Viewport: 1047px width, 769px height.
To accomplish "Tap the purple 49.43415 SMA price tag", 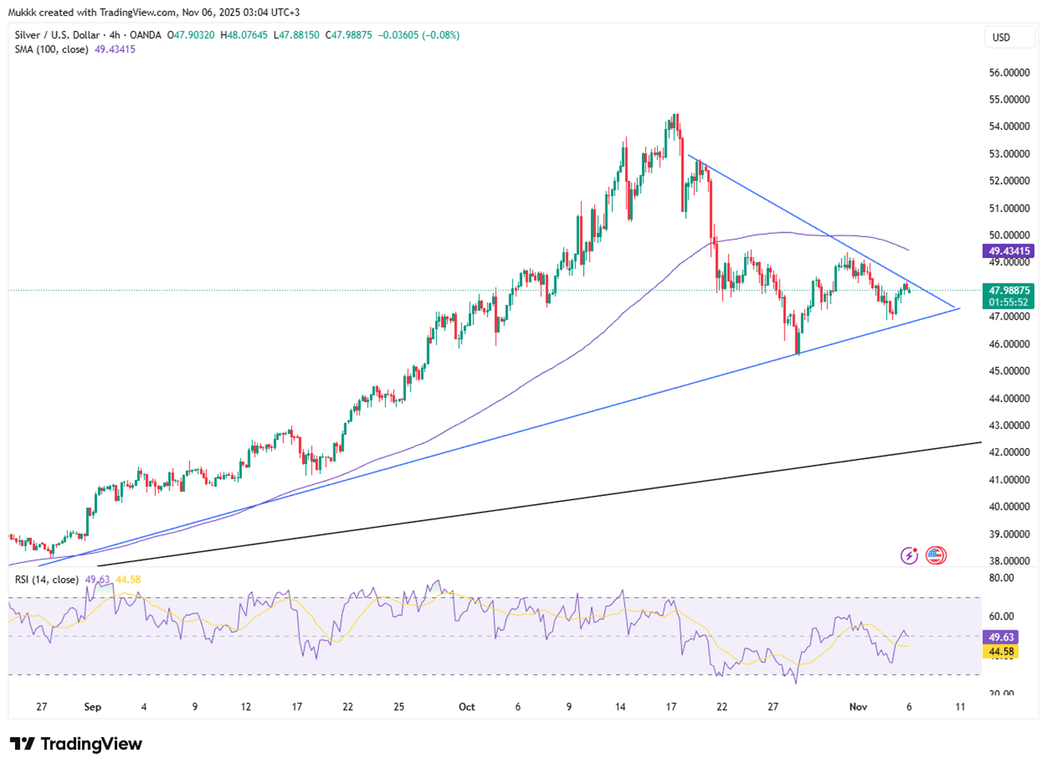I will coord(1010,251).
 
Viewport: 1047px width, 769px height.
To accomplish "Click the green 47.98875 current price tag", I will coord(1010,291).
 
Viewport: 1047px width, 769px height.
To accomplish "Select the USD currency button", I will coord(1001,37).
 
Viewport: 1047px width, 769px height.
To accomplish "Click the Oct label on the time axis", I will coord(467,707).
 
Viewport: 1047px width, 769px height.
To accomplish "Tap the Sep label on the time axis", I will coord(93,707).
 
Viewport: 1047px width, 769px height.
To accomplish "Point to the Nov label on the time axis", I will coord(858,707).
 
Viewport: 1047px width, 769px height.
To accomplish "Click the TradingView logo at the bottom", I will coord(76,744).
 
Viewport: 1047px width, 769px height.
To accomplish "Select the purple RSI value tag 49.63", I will coord(1001,637).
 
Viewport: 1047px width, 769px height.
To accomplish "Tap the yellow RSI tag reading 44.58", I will coord(1001,651).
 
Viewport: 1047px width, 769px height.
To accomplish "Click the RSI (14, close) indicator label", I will coord(46,580).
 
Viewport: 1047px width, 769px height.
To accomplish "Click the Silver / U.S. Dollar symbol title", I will coord(57,35).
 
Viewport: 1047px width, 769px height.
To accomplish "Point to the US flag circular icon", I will coord(936,556).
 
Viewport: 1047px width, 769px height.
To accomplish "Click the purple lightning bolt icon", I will coord(909,556).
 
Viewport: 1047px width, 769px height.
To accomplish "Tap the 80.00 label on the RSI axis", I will coord(1002,578).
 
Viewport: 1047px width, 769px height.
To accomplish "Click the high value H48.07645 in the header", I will coord(244,35).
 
